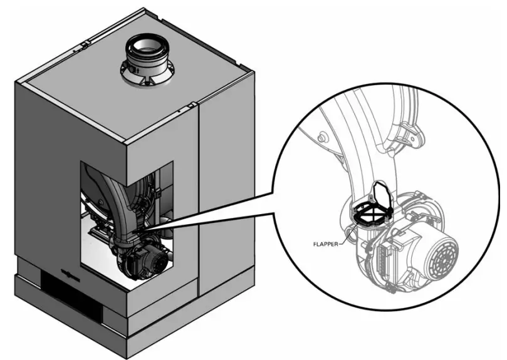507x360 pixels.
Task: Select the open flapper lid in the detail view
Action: [x=382, y=192]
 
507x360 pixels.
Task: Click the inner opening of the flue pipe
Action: [x=149, y=45]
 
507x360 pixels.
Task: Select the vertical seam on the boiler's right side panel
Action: [x=199, y=200]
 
